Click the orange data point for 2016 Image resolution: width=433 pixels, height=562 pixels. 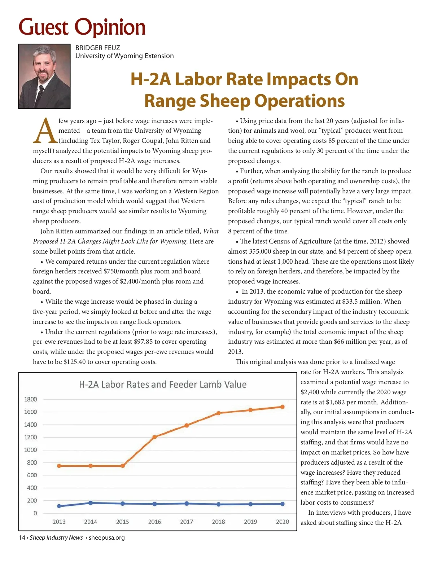[x=154, y=437]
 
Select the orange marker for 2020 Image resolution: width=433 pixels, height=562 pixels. [x=283, y=407]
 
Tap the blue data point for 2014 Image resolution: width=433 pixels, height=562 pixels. [x=91, y=503]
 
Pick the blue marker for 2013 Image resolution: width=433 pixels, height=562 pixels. [x=59, y=506]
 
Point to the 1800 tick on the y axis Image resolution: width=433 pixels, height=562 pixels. [x=31, y=399]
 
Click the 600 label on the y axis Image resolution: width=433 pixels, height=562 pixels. [x=32, y=475]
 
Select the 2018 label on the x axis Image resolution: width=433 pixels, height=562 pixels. [x=218, y=522]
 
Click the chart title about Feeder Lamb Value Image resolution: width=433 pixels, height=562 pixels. [x=163, y=385]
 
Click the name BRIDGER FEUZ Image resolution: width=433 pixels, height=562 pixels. [x=97, y=48]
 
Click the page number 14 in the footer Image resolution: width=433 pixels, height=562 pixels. [x=22, y=537]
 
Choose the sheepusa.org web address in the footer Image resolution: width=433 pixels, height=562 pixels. [x=106, y=537]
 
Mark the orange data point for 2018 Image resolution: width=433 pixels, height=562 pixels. [x=218, y=413]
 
